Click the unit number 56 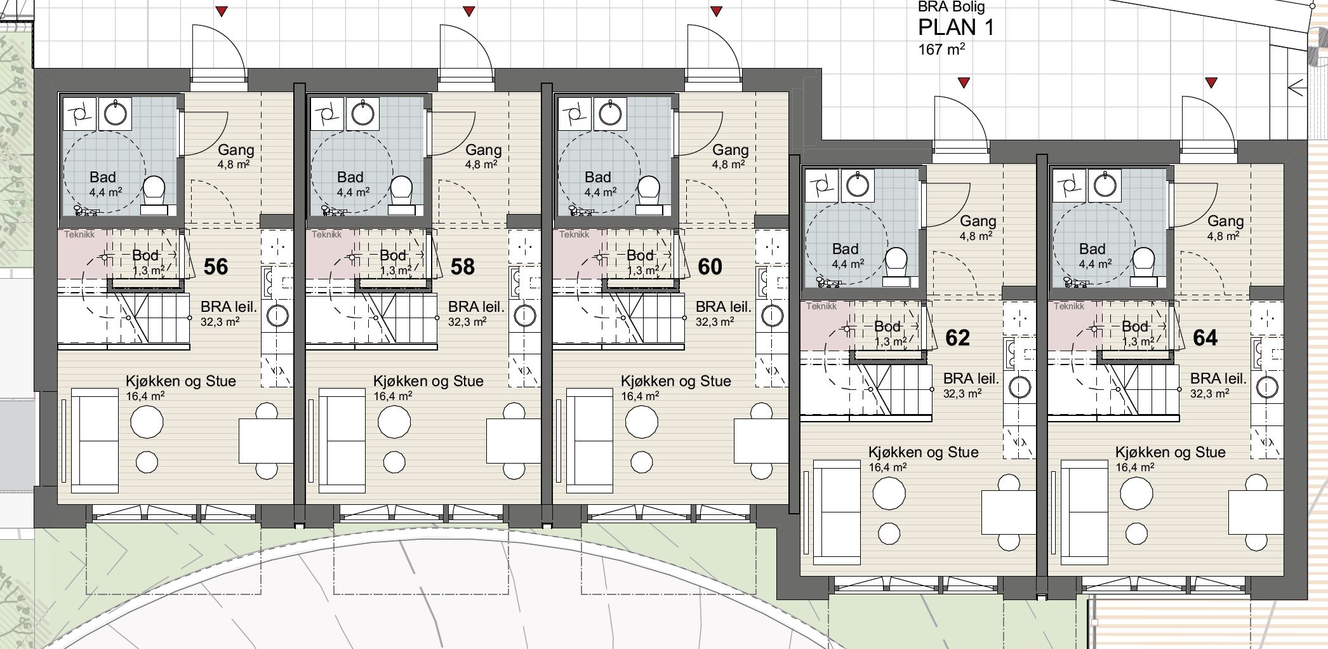coord(216,267)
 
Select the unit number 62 coord(958,338)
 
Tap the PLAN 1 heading coord(956,27)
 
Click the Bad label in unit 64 coord(1092,249)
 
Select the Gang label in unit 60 coord(730,150)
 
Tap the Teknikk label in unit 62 coord(821,306)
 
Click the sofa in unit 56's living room coord(95,441)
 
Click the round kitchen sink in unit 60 coord(773,316)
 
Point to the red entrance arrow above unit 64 coord(1211,83)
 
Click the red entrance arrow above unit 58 coord(469,11)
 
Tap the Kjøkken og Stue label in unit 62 coord(924,452)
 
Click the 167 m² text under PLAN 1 coord(942,49)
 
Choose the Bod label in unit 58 coord(393,255)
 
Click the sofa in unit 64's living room coord(1086,512)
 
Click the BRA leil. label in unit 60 coord(724,307)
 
